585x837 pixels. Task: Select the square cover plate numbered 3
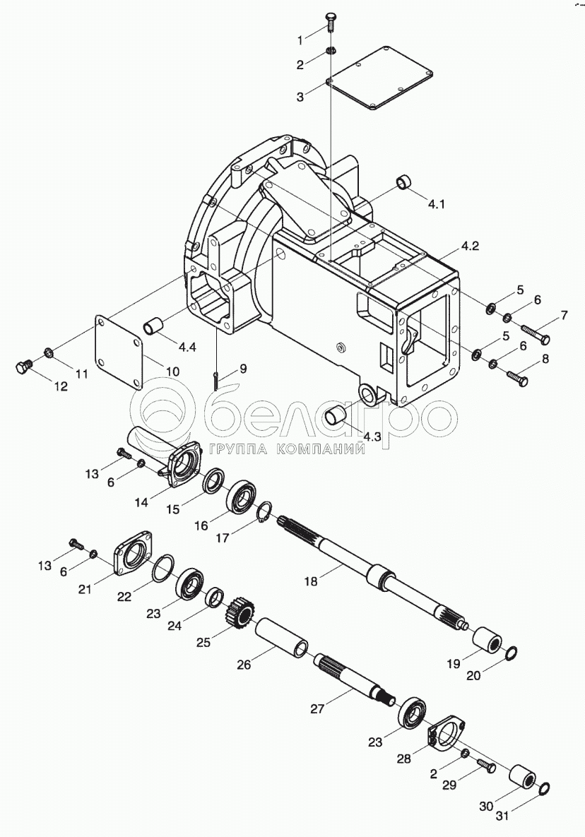(x=379, y=77)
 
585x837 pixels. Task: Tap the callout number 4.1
(x=436, y=205)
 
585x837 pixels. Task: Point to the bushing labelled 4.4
(x=155, y=326)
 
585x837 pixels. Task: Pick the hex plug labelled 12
(x=23, y=367)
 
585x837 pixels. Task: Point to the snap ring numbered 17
(x=264, y=513)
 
